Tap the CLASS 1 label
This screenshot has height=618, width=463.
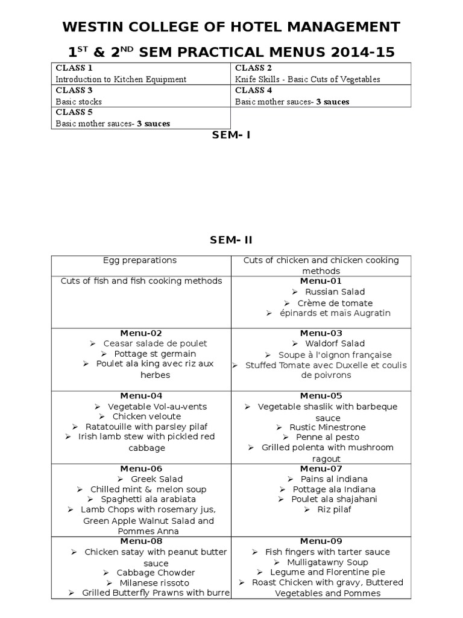[x=71, y=68]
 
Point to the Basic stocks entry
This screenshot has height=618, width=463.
[x=79, y=101]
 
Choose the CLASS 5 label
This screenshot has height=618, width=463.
[x=71, y=112]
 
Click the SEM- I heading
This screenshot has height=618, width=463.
[x=231, y=135]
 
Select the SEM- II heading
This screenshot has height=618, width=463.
[x=231, y=240]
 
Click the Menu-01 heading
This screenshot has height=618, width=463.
[x=321, y=281]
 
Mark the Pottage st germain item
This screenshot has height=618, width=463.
[x=155, y=354]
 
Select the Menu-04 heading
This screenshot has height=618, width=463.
[x=141, y=396]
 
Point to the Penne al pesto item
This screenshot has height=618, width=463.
[x=327, y=437]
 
